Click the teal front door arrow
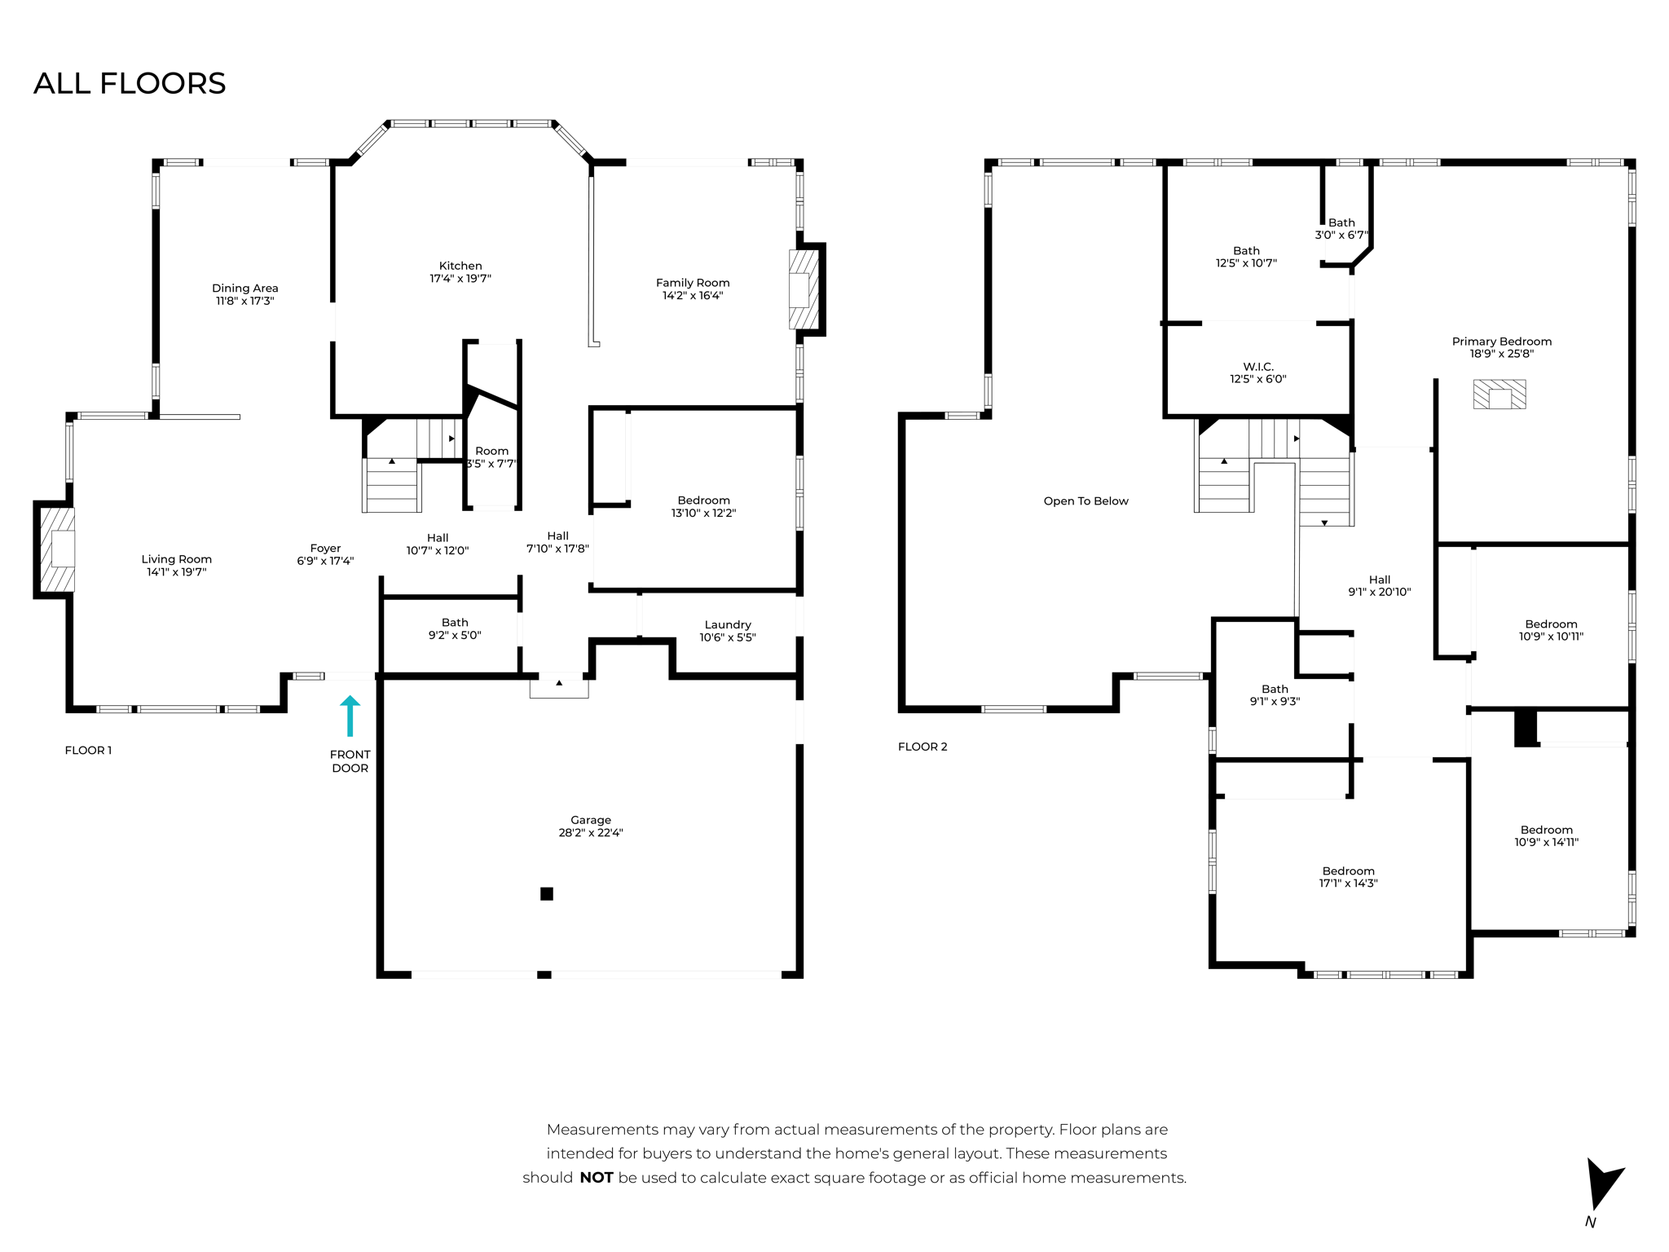(350, 716)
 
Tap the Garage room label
(590, 826)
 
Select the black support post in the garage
(547, 893)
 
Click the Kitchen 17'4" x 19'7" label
(460, 271)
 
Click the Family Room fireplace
(803, 289)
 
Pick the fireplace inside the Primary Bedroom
(1499, 395)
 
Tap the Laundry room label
(728, 630)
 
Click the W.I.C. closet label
(1258, 373)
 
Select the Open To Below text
(1086, 501)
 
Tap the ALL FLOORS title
(130, 83)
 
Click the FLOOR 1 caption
(88, 750)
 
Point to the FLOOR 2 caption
(923, 746)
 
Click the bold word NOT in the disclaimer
(596, 1177)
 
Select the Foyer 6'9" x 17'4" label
(325, 554)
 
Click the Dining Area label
(244, 293)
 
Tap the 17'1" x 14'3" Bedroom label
(1348, 876)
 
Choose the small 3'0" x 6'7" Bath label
(1341, 228)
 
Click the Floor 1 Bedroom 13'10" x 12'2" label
(703, 506)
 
